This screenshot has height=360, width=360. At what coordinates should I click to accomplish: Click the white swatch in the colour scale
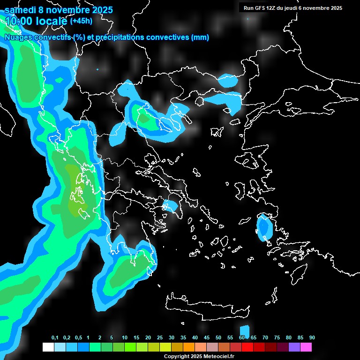coord(48,347)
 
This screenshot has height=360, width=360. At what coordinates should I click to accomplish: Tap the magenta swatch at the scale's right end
coord(306,347)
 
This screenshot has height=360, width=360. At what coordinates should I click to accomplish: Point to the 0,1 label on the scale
coord(55,338)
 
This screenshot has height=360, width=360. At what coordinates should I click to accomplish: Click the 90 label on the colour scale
coord(312,338)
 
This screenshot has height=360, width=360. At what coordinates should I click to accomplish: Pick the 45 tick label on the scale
coord(207,338)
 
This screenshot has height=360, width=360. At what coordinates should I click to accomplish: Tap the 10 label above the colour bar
coord(125,338)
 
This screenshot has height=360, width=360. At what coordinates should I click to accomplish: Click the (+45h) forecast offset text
coord(81,21)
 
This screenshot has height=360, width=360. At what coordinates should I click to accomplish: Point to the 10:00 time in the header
coord(19,21)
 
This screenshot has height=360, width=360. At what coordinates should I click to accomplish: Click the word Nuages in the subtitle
coord(19,37)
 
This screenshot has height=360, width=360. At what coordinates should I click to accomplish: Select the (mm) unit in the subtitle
coord(200,37)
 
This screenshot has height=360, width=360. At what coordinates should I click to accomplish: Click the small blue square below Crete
coord(244,331)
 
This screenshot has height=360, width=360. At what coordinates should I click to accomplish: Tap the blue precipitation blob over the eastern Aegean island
coord(264,227)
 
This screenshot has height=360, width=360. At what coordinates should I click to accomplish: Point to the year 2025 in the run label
coord(335,8)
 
